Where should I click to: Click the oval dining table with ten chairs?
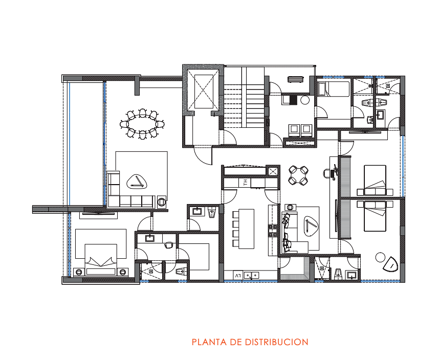coord(142,124)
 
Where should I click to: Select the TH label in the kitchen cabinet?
coord(246,183)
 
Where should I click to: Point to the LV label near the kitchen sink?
coord(238,276)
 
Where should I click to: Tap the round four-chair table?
coord(298,175)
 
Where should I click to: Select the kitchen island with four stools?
coord(244,229)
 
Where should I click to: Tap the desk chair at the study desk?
coord(327,173)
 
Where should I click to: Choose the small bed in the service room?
coord(334,89)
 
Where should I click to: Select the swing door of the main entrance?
coord(203,155)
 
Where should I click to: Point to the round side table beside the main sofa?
coord(162,201)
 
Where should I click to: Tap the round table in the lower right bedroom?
coord(380,257)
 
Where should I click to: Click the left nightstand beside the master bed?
coord(79,272)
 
